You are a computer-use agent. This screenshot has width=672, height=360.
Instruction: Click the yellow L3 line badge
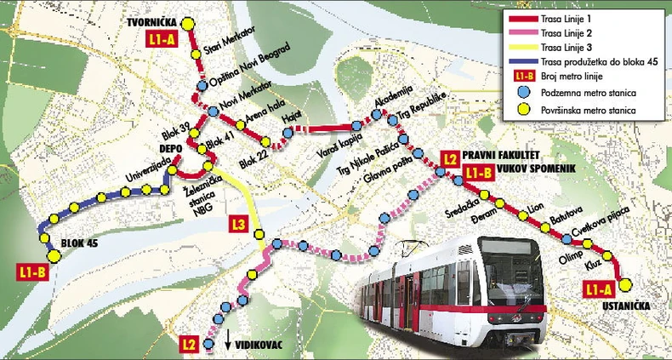pyautogui.click(x=239, y=226)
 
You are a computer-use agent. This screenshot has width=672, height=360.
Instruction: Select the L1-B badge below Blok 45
pyautogui.click(x=33, y=272)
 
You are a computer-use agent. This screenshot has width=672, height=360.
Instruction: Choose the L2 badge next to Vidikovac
pyautogui.click(x=192, y=344)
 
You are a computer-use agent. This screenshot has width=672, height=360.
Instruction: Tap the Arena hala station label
pyautogui.click(x=250, y=108)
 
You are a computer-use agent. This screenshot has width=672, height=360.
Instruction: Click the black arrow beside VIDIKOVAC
pyautogui.click(x=229, y=342)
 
